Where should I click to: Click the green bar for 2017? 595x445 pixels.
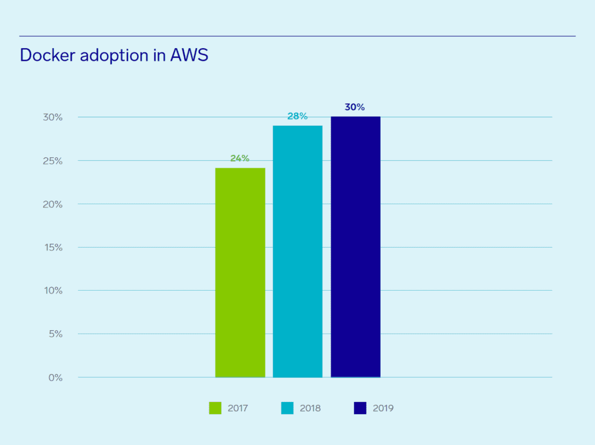pyautogui.click(x=240, y=273)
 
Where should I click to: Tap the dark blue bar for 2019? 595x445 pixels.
pyautogui.click(x=356, y=247)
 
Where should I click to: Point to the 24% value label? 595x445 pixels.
pyautogui.click(x=239, y=158)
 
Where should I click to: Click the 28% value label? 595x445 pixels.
pyautogui.click(x=297, y=116)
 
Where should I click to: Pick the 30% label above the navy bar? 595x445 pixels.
pyautogui.click(x=354, y=107)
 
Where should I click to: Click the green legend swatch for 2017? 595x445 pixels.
pyautogui.click(x=215, y=408)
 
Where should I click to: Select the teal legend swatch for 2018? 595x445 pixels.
pyautogui.click(x=287, y=408)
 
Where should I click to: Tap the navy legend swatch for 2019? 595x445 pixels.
pyautogui.click(x=360, y=408)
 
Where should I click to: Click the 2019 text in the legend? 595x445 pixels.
pyautogui.click(x=383, y=408)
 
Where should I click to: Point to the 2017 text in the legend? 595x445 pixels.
pyautogui.click(x=238, y=408)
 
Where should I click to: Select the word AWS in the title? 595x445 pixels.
pyautogui.click(x=189, y=55)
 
